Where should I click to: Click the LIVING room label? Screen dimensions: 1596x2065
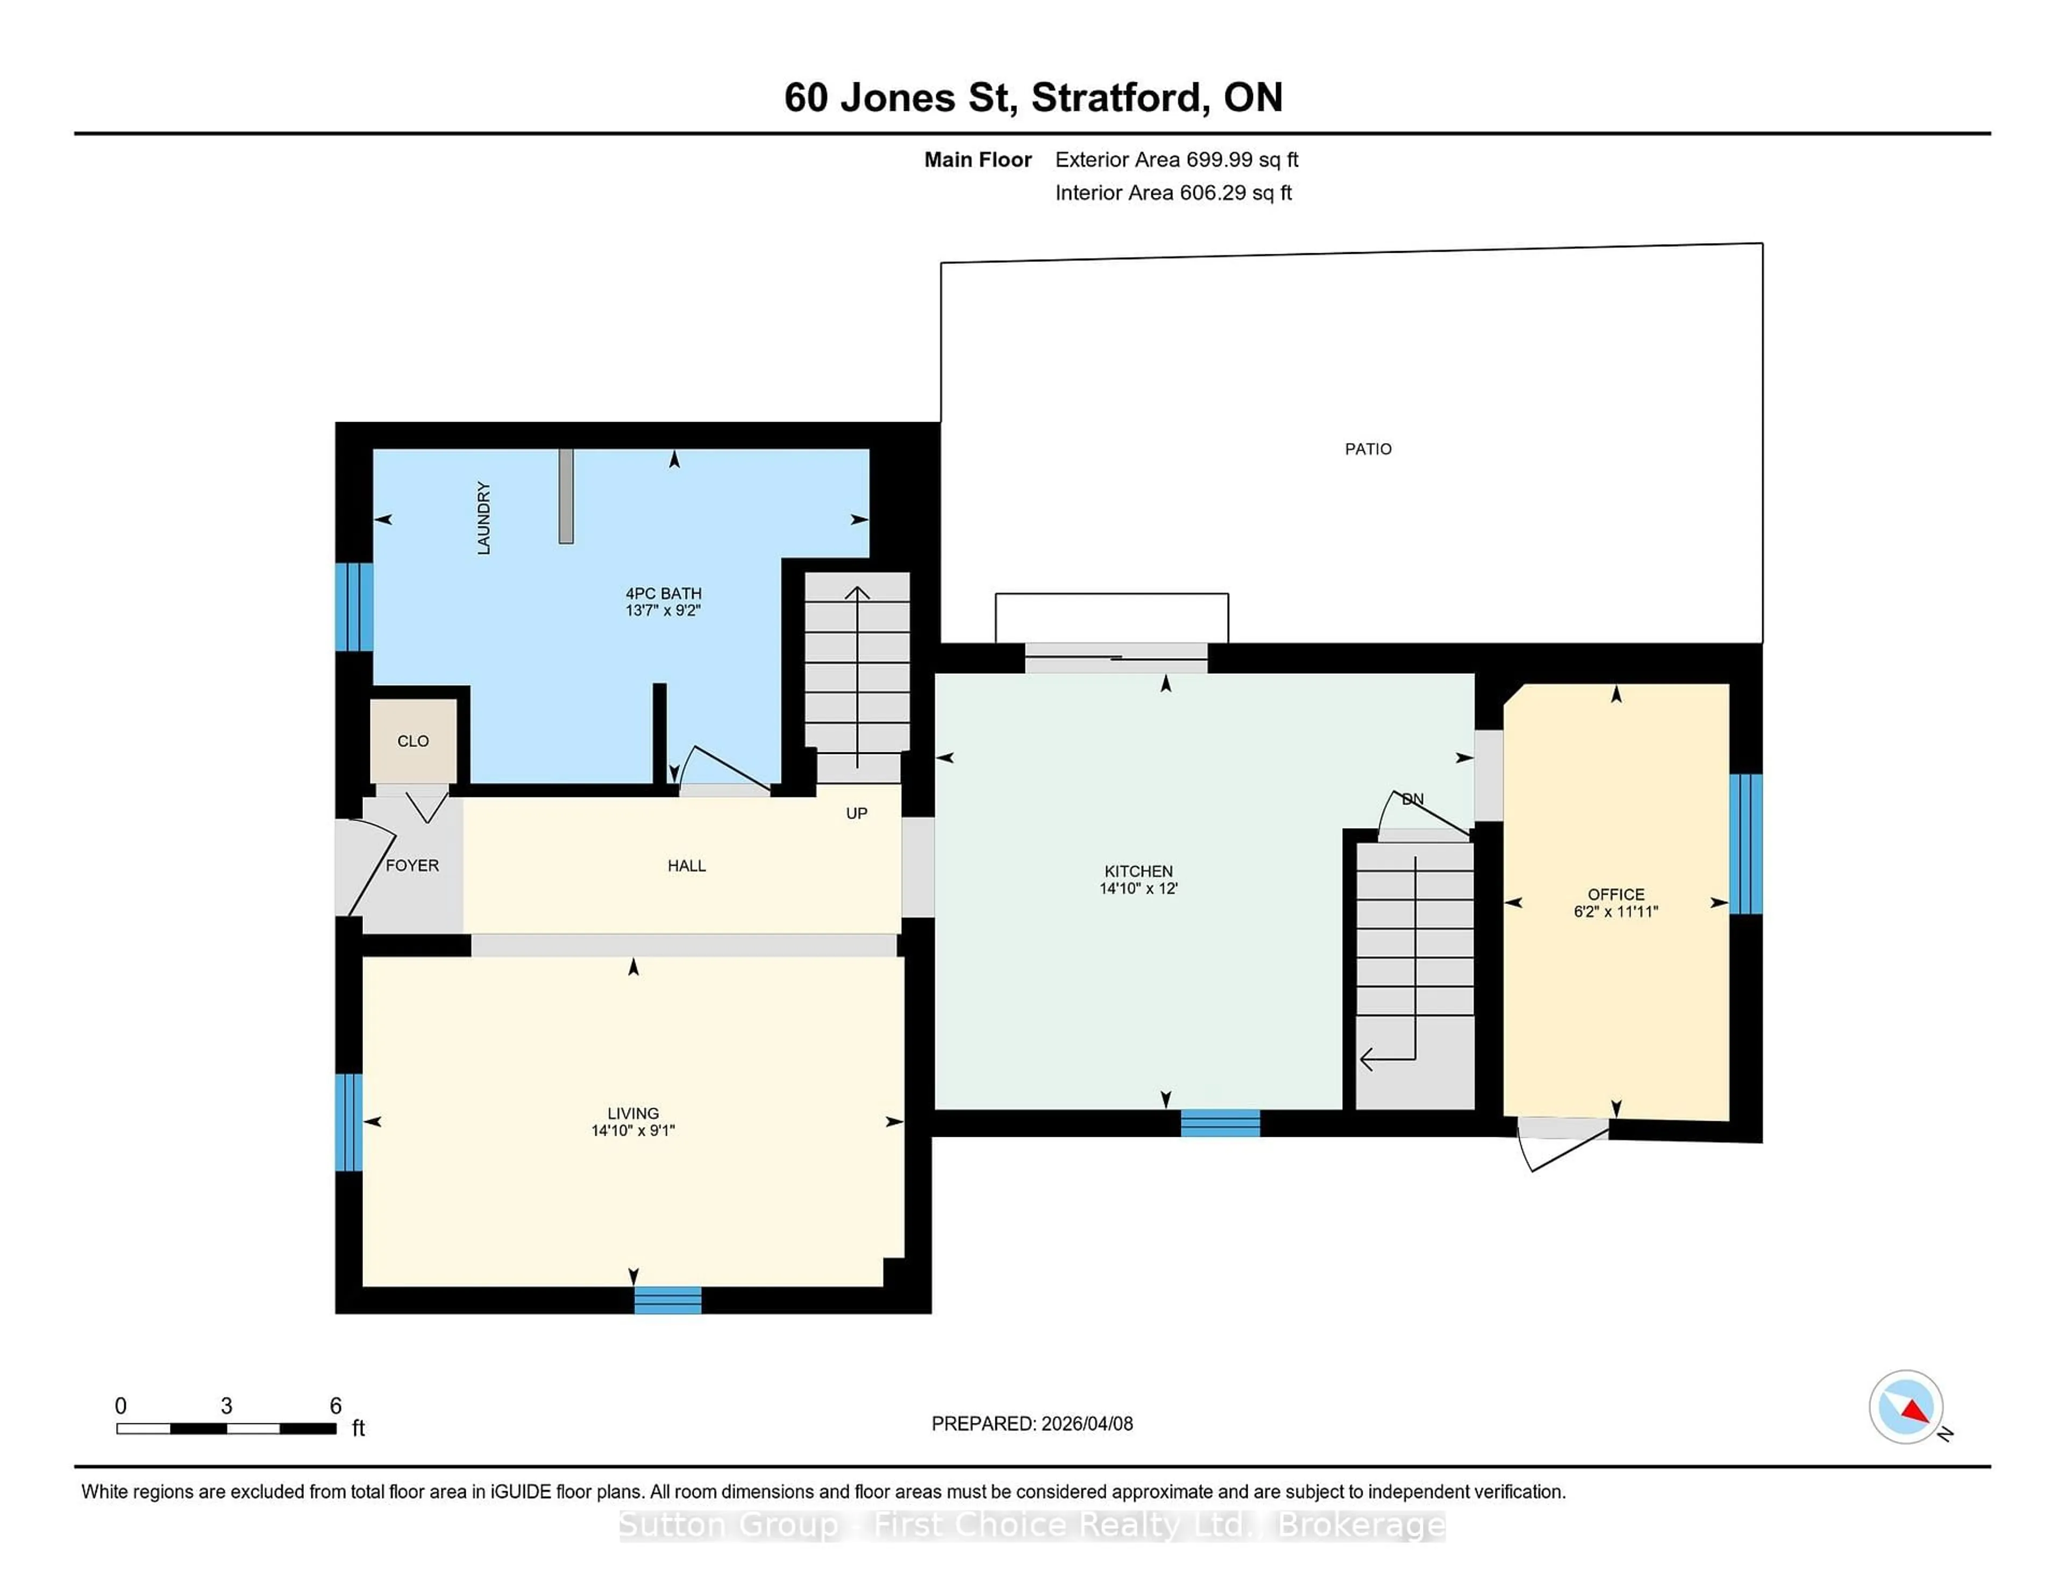click(632, 1113)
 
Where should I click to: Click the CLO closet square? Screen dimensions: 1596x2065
click(413, 740)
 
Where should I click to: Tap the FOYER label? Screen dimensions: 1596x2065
click(412, 865)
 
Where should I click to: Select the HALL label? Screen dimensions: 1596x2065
click(686, 865)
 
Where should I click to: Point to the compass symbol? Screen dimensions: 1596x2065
click(1905, 1406)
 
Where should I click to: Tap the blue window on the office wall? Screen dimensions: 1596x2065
click(1746, 843)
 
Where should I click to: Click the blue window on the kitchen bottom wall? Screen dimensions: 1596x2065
click(1220, 1122)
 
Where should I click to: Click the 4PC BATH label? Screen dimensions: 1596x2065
click(663, 594)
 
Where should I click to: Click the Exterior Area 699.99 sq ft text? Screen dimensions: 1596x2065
click(1176, 160)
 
